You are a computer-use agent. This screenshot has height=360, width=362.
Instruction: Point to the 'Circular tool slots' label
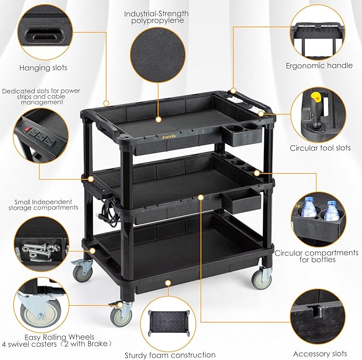point(320,148)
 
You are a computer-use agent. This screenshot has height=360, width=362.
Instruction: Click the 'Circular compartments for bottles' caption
point(316,256)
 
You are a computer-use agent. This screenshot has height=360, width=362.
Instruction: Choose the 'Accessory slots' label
point(320,354)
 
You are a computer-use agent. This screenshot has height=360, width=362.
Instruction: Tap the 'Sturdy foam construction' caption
point(170,355)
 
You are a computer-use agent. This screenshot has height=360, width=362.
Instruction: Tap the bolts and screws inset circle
point(40,245)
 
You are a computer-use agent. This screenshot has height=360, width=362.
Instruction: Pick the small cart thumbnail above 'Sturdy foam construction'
point(170,325)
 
